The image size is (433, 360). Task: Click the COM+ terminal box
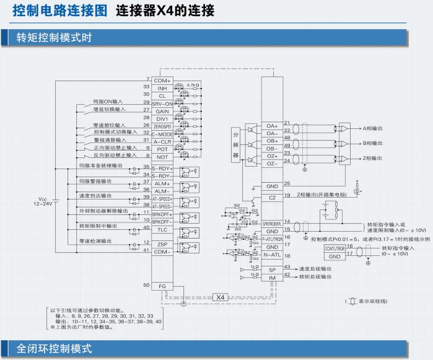pos(162,81)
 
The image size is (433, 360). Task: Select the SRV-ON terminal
pos(162,103)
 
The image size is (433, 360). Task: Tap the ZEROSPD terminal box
pos(162,126)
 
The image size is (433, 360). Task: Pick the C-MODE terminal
pos(162,134)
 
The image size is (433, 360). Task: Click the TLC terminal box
pos(162,229)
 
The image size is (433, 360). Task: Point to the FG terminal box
pos(162,286)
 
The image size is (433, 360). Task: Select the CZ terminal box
pos(272,197)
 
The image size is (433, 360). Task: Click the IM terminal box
pos(272,278)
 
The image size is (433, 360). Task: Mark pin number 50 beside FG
pos(146,285)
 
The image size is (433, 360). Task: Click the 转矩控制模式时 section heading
pos(55,38)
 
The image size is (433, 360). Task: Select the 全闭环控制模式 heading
pos(55,349)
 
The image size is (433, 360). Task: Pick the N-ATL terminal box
pos(272,255)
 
